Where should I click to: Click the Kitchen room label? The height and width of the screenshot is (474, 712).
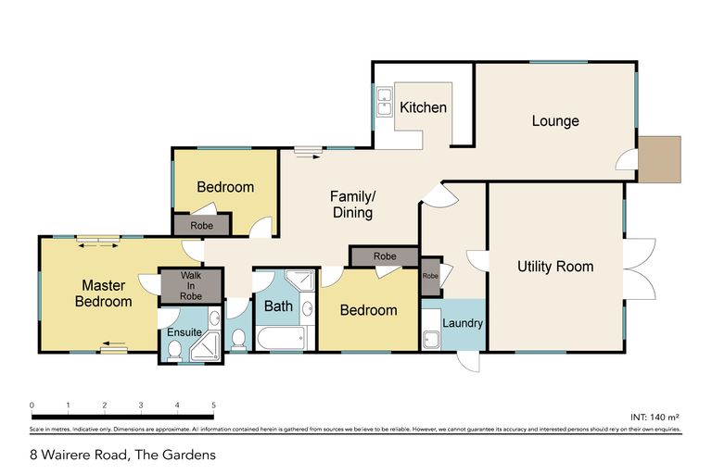click(423, 107)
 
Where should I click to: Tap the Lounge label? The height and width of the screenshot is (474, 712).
click(555, 121)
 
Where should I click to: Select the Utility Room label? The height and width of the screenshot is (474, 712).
click(555, 267)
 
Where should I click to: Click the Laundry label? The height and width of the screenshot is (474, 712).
click(462, 323)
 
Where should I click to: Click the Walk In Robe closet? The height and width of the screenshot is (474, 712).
click(191, 285)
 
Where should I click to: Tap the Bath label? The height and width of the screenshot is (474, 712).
click(278, 306)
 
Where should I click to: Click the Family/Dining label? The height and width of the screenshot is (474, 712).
click(352, 204)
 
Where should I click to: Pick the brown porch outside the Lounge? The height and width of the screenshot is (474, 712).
click(661, 158)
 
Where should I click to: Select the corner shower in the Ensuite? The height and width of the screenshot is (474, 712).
click(206, 347)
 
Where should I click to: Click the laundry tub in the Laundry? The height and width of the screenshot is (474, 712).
click(431, 337)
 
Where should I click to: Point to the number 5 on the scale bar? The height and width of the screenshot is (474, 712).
click(213, 405)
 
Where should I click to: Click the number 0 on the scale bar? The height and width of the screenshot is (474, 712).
click(32, 405)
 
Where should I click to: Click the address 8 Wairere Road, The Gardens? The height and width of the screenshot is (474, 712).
click(122, 455)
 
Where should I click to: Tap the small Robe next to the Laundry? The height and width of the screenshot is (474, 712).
click(430, 276)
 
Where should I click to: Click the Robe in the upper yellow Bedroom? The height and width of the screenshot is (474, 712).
click(201, 225)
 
